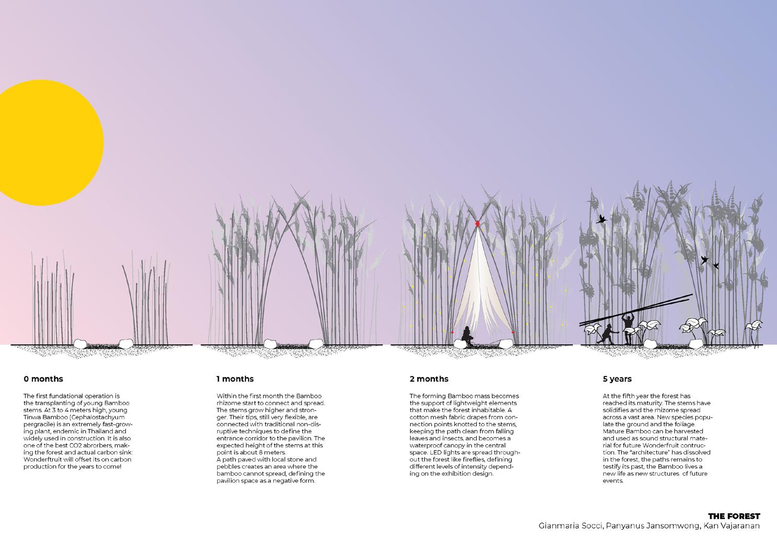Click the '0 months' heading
click(x=43, y=379)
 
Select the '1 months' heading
click(x=235, y=379)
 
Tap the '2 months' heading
click(x=429, y=379)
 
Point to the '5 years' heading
click(x=617, y=379)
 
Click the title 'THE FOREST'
click(x=734, y=516)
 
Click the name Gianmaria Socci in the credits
click(x=568, y=526)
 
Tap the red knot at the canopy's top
click(x=477, y=224)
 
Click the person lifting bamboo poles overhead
click(x=628, y=327)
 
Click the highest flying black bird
click(x=602, y=219)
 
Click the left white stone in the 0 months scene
click(x=81, y=343)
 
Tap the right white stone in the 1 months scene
click(x=315, y=343)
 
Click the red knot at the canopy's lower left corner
click(x=452, y=332)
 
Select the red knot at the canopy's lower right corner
click(x=513, y=332)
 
